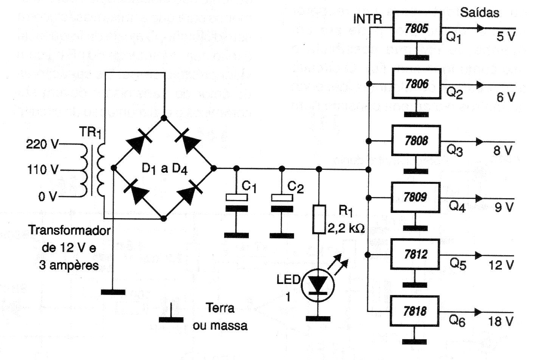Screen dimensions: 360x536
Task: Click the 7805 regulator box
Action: [417, 27]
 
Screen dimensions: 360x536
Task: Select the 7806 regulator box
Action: [417, 84]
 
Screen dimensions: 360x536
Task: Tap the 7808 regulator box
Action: [417, 141]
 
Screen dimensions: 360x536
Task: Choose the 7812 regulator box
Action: [416, 254]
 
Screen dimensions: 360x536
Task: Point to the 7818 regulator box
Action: [415, 311]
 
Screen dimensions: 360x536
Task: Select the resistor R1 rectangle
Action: [319, 219]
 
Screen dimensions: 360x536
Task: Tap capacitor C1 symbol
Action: [236, 203]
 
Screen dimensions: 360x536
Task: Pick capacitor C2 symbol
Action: [282, 203]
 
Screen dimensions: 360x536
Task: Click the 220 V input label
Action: [42, 144]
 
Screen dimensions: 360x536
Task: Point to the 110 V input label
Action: [42, 170]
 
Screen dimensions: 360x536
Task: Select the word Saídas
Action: [479, 12]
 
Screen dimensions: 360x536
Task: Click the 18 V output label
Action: [501, 321]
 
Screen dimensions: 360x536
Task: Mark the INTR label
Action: [367, 19]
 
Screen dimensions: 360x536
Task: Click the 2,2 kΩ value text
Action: [345, 228]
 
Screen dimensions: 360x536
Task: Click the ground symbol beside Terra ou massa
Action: [171, 315]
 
